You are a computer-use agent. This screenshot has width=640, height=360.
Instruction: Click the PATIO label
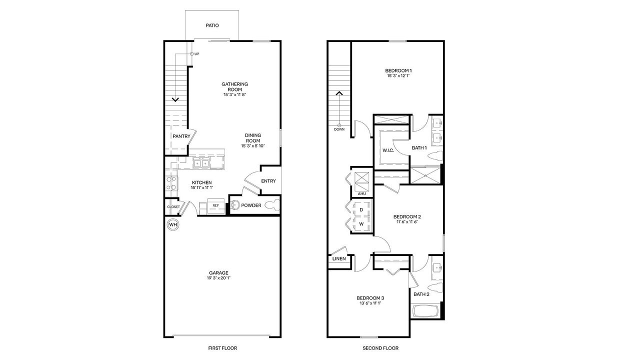(212, 25)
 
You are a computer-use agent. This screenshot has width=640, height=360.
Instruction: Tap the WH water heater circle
(173, 225)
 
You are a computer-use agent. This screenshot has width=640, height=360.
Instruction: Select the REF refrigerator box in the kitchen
(215, 205)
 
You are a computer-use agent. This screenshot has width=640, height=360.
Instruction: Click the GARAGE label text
(219, 272)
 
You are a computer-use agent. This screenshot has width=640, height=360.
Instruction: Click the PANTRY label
(181, 136)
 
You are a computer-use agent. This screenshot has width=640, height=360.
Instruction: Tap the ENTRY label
(268, 181)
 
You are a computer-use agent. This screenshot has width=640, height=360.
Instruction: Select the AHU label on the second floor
(362, 193)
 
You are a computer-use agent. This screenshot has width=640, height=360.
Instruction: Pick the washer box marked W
(361, 224)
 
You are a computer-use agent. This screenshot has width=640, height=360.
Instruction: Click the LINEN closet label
(339, 259)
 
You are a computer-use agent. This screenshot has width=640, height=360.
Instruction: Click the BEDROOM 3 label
(370, 297)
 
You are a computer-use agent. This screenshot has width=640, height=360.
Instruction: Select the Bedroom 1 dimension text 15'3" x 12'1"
(398, 76)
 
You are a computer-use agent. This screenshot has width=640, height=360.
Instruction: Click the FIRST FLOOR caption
(222, 348)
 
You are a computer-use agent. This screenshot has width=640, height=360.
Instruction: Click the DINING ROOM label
(252, 138)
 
